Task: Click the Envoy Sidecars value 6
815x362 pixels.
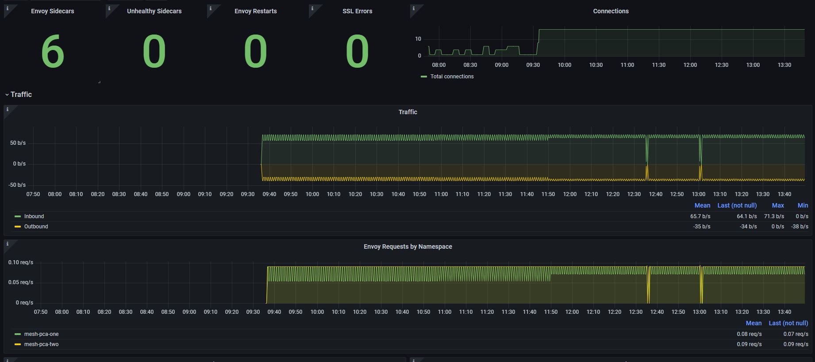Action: (x=53, y=52)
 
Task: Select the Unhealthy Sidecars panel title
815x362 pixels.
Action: (x=154, y=11)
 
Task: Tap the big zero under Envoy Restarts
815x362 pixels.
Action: (x=255, y=52)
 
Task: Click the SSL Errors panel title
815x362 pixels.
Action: (x=357, y=11)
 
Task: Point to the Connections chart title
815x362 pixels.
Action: (x=611, y=11)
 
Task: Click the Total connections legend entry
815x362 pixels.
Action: (x=452, y=77)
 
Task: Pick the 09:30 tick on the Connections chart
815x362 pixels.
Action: (x=533, y=65)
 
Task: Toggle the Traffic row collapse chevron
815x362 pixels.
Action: (x=7, y=95)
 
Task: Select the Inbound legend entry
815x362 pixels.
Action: (x=34, y=216)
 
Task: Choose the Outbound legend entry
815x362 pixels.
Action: (x=36, y=227)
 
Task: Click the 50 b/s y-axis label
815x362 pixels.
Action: (x=18, y=143)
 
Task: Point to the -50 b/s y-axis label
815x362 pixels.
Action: (x=17, y=185)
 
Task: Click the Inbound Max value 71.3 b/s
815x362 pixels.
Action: (x=774, y=216)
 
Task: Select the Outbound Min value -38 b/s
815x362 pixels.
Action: (x=800, y=227)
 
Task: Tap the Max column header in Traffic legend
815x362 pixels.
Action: (x=778, y=205)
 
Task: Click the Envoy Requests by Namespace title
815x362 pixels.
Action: (x=407, y=246)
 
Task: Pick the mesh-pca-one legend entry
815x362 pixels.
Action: (x=41, y=334)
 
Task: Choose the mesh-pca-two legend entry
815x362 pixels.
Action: (x=41, y=344)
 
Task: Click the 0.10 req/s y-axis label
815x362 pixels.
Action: (x=20, y=262)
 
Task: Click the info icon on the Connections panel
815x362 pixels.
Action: (x=414, y=8)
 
